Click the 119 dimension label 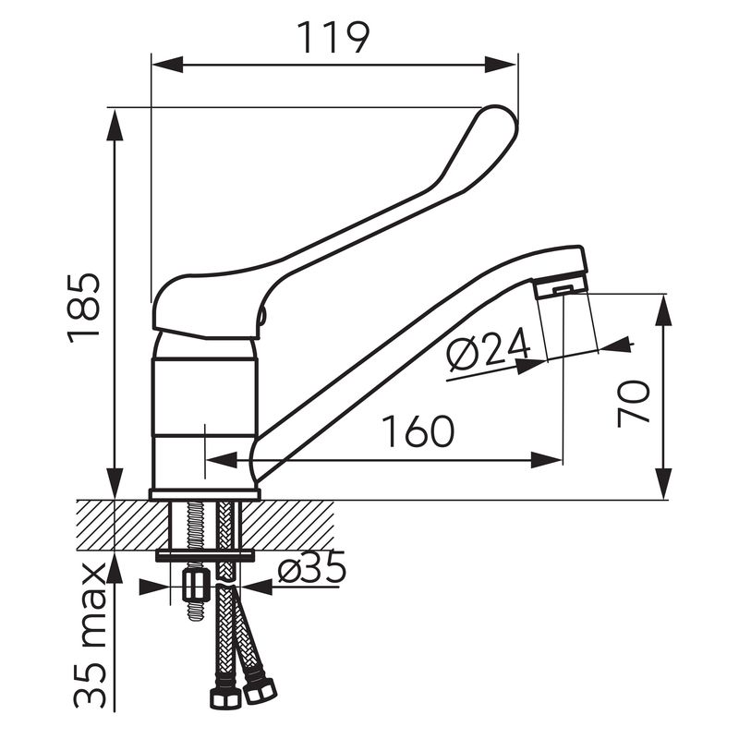tap(333, 37)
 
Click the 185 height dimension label tap(84, 309)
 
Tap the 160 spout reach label tap(418, 431)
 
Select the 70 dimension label tap(634, 404)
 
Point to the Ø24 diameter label tap(489, 348)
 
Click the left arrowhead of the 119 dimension tap(167, 65)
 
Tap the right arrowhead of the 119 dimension tap(502, 65)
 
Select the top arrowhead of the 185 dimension tap(115, 125)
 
